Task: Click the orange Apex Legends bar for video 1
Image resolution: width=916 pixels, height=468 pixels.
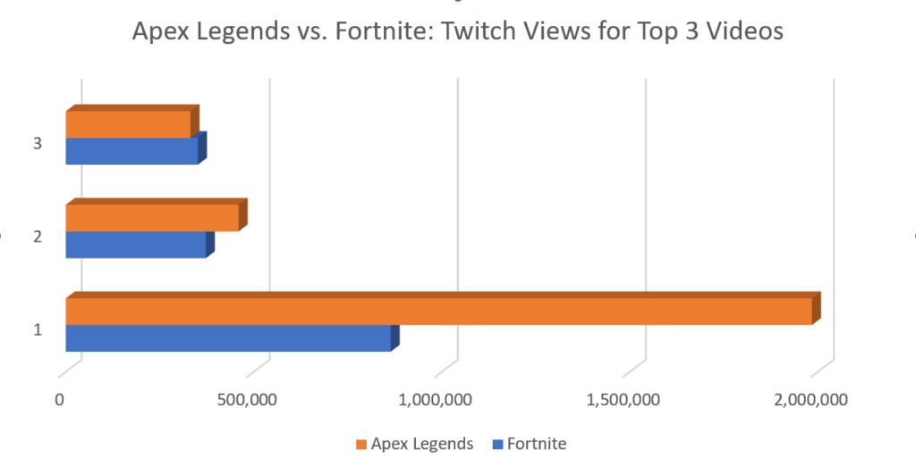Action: tap(438, 311)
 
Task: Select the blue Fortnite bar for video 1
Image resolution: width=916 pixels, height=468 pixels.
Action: tap(228, 338)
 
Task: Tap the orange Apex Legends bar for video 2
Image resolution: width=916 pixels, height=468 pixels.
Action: tap(152, 218)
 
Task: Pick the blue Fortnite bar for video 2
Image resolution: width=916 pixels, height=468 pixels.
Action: tap(136, 245)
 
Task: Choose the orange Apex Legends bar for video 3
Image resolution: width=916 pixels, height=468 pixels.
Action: tap(128, 124)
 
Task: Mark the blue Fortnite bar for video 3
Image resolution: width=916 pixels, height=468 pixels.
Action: tap(132, 151)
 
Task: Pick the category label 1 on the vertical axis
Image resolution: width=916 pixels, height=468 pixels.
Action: tap(38, 330)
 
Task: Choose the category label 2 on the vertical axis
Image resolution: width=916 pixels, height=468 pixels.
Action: tap(38, 236)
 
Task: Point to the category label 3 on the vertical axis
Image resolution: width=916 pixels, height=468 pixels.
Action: tap(38, 143)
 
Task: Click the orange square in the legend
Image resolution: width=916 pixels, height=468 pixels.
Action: tap(361, 444)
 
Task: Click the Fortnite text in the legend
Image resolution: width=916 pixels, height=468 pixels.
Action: tap(536, 444)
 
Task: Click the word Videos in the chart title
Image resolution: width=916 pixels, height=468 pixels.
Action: tap(743, 31)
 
